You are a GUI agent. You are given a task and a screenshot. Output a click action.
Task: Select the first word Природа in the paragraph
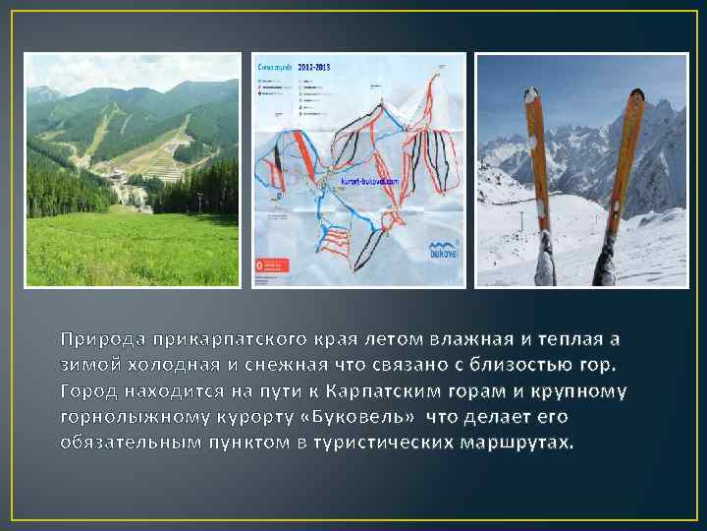[x=97, y=340]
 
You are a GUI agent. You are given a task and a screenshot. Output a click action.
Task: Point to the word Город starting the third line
[x=85, y=390]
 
